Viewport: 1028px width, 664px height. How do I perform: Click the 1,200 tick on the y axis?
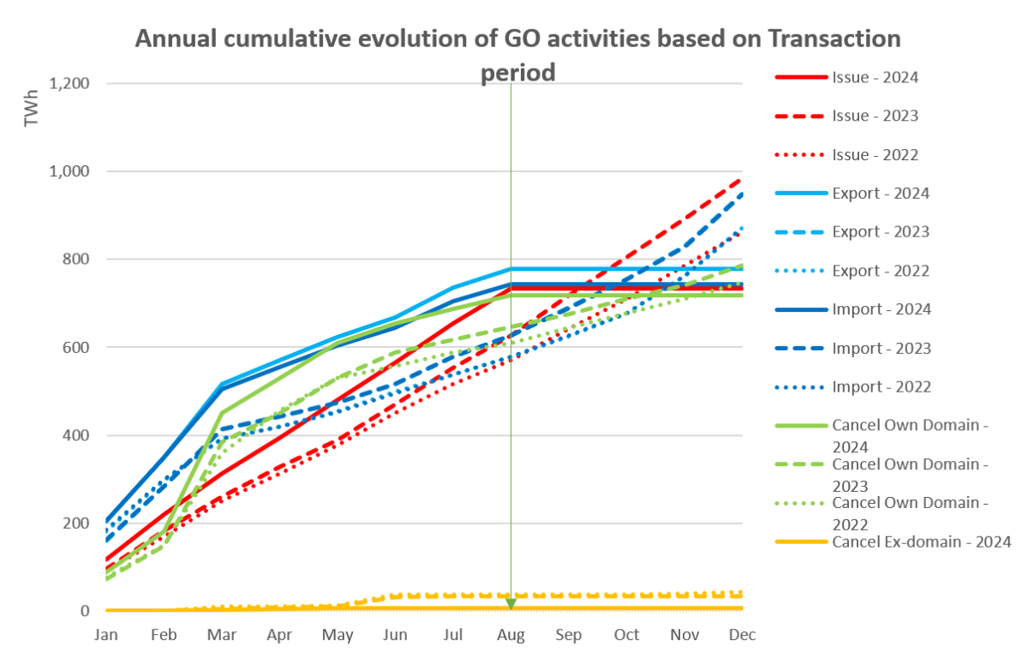(x=71, y=84)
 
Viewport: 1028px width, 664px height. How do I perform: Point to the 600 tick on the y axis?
(x=79, y=348)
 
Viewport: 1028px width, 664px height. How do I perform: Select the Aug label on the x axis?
(x=511, y=635)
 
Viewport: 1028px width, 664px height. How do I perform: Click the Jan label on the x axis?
(x=106, y=635)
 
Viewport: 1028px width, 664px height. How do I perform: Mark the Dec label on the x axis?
(x=742, y=635)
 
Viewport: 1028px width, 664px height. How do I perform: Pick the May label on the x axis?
(x=338, y=635)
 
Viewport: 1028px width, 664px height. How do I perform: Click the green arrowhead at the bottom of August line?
(x=511, y=605)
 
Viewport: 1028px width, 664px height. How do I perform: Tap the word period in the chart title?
(x=517, y=73)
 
